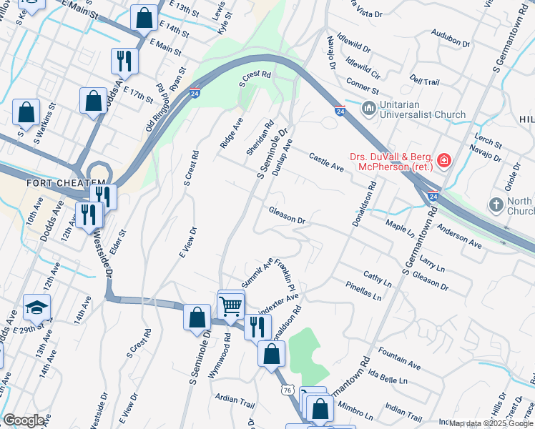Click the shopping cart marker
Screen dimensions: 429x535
(230, 305)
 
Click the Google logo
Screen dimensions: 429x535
(24, 420)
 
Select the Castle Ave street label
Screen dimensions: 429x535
(327, 161)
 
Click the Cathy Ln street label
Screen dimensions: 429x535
(377, 279)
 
